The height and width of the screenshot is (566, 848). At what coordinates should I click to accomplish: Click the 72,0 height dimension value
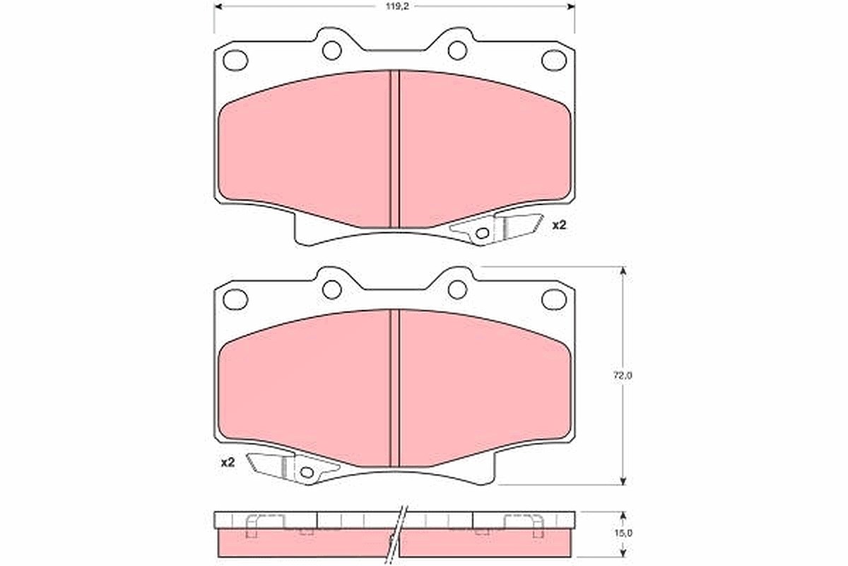click(623, 375)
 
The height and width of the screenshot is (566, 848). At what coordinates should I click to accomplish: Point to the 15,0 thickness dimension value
click(623, 533)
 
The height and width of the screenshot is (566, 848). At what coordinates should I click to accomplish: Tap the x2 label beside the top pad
click(559, 225)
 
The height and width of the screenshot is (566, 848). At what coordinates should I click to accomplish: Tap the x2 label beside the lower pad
click(228, 462)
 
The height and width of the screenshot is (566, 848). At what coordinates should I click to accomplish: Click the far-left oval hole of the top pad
click(235, 60)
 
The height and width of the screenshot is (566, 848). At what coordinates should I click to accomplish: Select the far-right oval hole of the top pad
click(554, 60)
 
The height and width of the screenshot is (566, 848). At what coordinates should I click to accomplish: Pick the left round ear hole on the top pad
click(332, 50)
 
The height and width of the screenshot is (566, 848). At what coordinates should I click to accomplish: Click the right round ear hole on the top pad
click(457, 50)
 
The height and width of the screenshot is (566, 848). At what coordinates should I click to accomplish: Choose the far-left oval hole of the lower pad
click(235, 299)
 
